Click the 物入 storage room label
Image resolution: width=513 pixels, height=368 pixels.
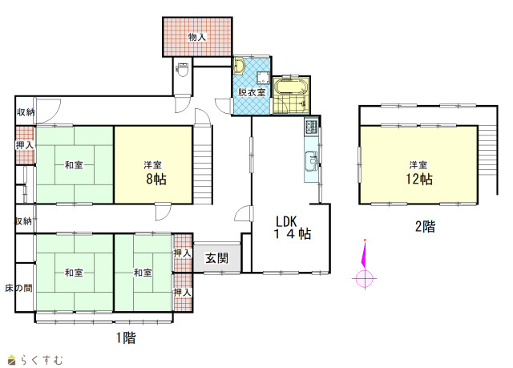coord(197,38)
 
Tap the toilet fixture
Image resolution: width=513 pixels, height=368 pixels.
coord(183,69)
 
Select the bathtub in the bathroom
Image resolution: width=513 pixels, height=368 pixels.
coord(291,87)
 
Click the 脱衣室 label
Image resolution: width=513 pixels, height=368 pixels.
coord(252,92)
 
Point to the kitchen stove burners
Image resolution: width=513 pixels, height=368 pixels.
coord(311,127)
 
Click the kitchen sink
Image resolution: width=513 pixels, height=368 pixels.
coord(312,160)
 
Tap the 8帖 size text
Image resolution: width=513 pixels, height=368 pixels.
coord(156,180)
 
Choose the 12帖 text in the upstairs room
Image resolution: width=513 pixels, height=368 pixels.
coord(419,180)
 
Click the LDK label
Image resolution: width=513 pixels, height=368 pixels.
coord(286,222)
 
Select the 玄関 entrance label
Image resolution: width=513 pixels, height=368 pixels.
coord(217,258)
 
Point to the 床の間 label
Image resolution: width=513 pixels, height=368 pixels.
coord(18,288)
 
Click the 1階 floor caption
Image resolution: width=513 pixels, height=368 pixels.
coord(126,338)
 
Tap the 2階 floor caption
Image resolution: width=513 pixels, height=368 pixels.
coord(426,226)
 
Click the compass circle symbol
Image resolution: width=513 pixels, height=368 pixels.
coord(365,279)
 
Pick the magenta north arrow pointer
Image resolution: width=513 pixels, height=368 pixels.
coord(364,254)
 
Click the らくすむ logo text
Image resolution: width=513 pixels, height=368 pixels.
coord(42,360)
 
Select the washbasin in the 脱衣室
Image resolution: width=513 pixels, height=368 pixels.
coord(239,66)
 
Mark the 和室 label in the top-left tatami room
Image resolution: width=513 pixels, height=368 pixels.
coord(74,165)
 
